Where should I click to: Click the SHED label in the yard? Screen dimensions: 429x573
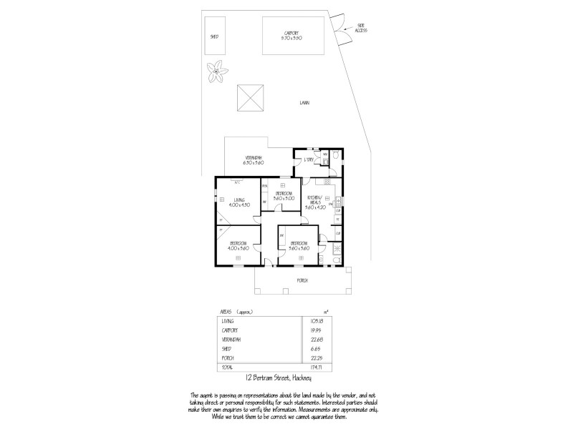click(214, 36)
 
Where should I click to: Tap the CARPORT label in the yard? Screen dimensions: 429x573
click(292, 34)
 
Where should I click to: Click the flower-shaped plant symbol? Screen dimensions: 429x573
click(215, 72)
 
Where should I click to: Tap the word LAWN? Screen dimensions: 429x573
click(305, 104)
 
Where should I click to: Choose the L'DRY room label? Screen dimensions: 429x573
click(309, 160)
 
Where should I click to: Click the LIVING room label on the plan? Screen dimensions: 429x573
click(239, 202)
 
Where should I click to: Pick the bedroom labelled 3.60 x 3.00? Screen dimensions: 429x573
click(283, 195)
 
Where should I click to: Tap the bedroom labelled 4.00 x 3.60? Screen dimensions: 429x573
click(239, 245)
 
